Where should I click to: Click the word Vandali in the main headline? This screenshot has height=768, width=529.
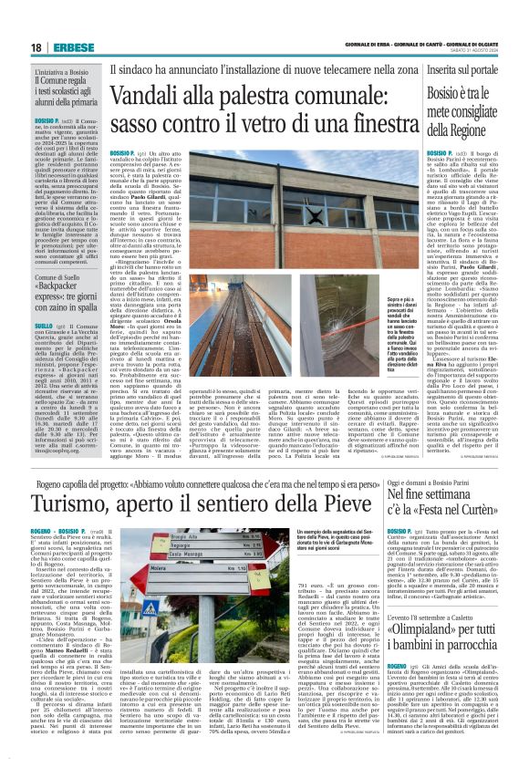click(149, 96)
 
